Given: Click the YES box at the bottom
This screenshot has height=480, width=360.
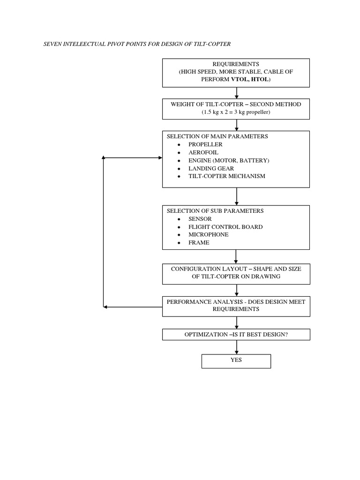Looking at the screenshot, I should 236,360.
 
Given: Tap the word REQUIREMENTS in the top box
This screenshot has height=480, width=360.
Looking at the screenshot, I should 236,64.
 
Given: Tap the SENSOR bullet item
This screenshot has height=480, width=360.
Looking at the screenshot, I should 200,219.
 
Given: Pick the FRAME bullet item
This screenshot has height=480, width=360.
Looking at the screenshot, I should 199,242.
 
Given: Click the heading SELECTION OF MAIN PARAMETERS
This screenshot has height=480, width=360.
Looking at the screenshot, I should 217,136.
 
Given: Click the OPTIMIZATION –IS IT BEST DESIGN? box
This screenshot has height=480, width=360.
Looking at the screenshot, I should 236,334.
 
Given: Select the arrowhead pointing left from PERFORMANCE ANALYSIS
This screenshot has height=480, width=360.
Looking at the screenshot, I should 106,307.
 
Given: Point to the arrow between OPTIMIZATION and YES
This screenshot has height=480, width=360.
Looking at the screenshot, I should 236,347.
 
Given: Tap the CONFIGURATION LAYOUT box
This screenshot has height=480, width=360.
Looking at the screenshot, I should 236,273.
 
